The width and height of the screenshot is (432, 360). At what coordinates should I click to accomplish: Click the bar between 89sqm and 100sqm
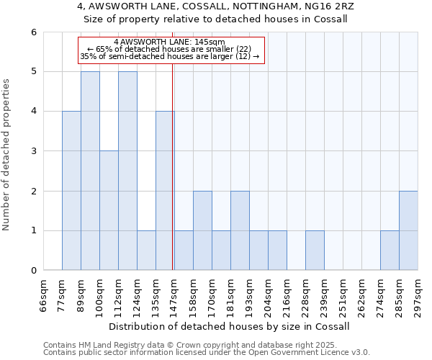pyautogui.click(x=90, y=171)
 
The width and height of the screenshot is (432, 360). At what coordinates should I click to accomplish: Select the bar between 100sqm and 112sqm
pyautogui.click(x=109, y=210)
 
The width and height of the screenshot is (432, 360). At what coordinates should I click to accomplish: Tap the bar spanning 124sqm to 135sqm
pyautogui.click(x=146, y=250)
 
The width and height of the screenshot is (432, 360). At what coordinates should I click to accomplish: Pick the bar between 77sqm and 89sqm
pyautogui.click(x=71, y=191)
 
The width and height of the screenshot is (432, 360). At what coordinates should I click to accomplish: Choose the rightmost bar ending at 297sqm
pyautogui.click(x=408, y=230)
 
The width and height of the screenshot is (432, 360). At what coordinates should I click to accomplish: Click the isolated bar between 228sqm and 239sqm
pyautogui.click(x=315, y=250)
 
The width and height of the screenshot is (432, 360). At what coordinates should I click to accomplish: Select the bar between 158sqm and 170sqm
pyautogui.click(x=202, y=230)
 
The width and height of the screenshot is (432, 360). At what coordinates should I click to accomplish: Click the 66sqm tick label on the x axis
pyautogui.click(x=44, y=296)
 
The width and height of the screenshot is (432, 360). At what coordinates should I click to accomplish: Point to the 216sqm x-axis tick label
pyautogui.click(x=287, y=296)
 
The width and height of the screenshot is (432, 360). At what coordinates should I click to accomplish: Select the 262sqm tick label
pyautogui.click(x=362, y=296)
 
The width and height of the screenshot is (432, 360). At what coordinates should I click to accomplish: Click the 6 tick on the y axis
pyautogui.click(x=33, y=32)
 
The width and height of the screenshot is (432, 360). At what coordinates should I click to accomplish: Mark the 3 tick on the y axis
pyautogui.click(x=33, y=151)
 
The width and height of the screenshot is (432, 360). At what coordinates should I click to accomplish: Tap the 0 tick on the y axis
pyautogui.click(x=33, y=271)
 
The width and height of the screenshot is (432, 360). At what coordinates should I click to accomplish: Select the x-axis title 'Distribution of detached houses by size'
pyautogui.click(x=230, y=326)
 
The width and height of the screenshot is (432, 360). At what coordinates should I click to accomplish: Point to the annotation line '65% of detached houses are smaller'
pyautogui.click(x=169, y=49)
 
